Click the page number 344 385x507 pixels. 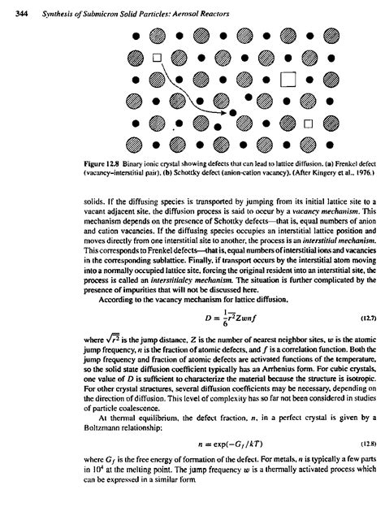click(11, 8)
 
